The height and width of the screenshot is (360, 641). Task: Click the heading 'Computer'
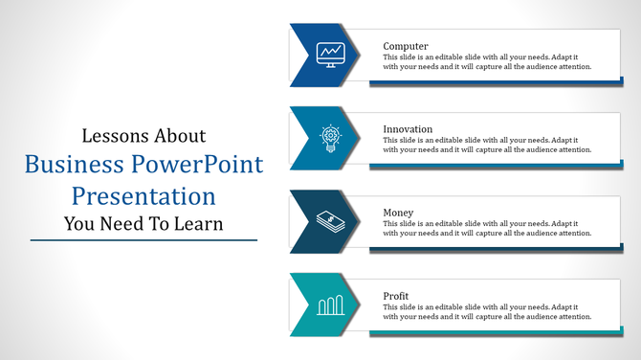[406, 46]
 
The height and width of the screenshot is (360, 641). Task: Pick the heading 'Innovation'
[408, 129]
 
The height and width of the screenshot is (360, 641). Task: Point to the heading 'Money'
[399, 213]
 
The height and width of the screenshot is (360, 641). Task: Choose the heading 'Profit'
[397, 296]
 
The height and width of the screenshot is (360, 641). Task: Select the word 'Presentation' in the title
[144, 196]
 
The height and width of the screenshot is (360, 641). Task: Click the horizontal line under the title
[144, 239]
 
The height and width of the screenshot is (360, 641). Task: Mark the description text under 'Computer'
[487, 62]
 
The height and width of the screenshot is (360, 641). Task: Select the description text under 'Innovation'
[487, 146]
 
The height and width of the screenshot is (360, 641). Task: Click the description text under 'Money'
[487, 229]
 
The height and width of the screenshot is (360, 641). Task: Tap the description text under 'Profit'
[487, 312]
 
